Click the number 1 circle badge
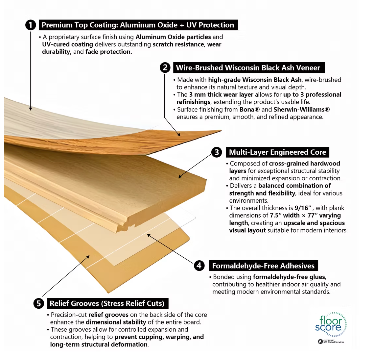(31, 25)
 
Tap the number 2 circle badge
(165, 67)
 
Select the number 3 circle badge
(217, 152)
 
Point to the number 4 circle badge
(199, 266)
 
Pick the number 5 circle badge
(39, 303)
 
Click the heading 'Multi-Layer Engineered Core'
(277, 152)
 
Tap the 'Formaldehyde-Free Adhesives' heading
(263, 266)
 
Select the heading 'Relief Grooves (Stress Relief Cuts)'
(107, 303)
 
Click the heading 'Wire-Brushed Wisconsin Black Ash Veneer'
(248, 67)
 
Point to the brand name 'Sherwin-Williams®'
(302, 109)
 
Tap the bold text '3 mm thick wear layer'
(221, 94)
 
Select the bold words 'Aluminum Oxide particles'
(173, 37)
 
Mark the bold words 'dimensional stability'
(116, 322)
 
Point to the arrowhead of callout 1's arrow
(31, 109)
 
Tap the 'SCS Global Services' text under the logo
(334, 342)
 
